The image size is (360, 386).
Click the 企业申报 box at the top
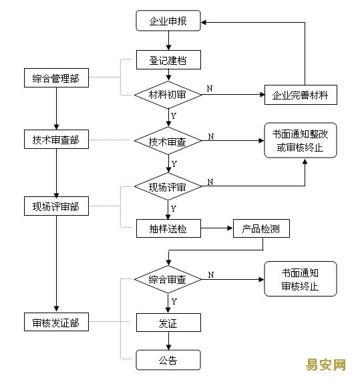click(168, 21)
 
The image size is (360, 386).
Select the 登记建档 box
click(168, 60)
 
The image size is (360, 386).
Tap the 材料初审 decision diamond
click(168, 95)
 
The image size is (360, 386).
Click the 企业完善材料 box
click(301, 95)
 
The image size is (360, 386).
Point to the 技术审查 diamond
click(168, 141)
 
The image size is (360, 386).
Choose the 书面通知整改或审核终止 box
click(301, 140)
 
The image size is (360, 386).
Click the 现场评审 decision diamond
click(168, 186)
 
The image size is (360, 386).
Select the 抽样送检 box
click(168, 228)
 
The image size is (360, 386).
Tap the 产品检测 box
click(261, 228)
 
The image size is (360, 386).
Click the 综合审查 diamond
click(168, 279)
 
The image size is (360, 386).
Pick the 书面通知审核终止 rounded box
click(301, 279)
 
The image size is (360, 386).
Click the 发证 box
click(168, 323)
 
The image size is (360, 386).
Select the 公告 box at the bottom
click(168, 360)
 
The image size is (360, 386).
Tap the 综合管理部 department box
click(56, 77)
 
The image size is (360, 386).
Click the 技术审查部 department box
click(56, 140)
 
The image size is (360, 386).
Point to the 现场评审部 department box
click(56, 206)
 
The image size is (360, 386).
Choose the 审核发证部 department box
click(56, 322)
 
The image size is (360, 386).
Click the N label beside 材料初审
click(210, 89)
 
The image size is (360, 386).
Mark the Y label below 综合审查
click(174, 302)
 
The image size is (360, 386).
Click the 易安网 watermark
click(326, 365)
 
